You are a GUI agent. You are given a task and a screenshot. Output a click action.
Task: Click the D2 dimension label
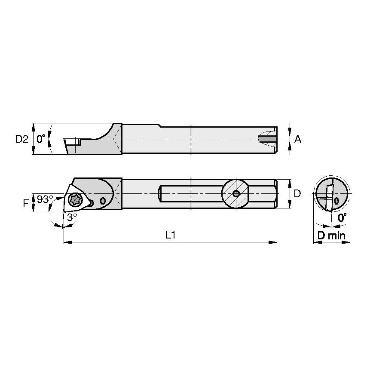pos(21,139)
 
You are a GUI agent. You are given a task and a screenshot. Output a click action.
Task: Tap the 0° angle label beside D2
pos(41,139)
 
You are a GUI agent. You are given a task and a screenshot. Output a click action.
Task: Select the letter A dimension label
pos(298,139)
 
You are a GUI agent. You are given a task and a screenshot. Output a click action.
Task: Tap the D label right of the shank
pos(297,194)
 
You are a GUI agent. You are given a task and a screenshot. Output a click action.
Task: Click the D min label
pos(331,236)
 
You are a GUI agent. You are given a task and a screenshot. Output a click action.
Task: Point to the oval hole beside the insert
pos(102,201)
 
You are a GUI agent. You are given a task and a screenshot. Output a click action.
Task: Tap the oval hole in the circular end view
pos(336,201)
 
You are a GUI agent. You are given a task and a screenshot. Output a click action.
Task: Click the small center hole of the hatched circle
pos(236,193)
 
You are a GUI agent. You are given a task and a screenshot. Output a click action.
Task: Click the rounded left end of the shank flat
pos(161,193)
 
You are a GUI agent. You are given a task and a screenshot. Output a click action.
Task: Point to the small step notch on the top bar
pos(159,125)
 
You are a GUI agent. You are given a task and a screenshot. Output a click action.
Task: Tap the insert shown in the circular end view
pos(328,196)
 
